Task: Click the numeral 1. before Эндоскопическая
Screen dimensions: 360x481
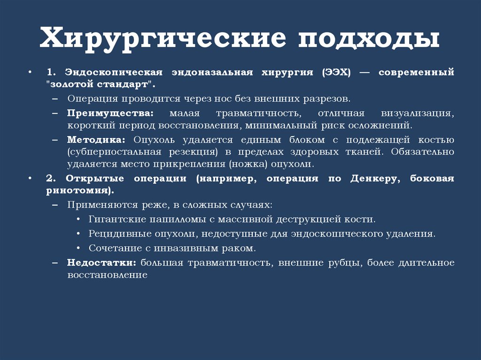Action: point(51,73)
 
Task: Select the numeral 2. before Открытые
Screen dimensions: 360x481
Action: point(51,179)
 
